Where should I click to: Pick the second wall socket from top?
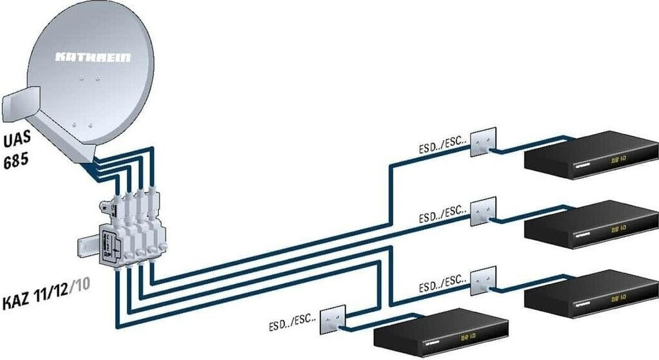[x=483, y=211]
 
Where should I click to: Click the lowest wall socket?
[x=333, y=319]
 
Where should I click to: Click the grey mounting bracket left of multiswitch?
[x=86, y=246]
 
